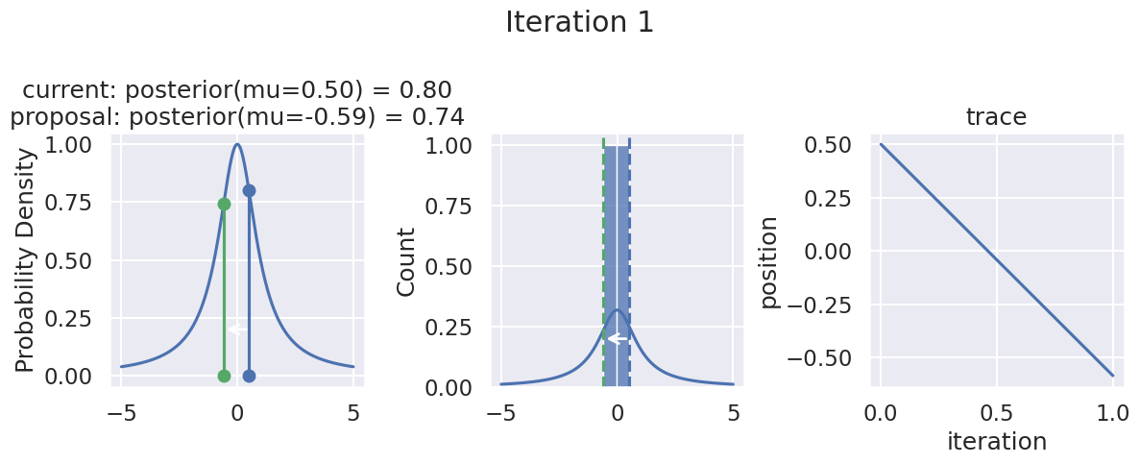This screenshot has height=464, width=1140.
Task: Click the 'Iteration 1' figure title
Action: coord(579,22)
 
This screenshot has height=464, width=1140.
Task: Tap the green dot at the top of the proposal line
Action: coord(224,204)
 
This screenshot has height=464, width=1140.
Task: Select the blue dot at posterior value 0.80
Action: coord(249,190)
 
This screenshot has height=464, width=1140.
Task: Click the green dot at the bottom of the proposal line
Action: coord(224,376)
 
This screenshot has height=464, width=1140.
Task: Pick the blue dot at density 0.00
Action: coord(249,376)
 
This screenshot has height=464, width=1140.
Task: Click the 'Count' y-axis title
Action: coord(406,261)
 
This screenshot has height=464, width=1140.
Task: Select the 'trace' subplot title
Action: coord(996,117)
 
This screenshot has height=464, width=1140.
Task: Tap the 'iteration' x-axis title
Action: coord(996,442)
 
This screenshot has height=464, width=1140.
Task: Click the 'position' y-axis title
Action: coord(768,261)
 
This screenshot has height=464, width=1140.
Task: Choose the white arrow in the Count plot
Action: coord(617,338)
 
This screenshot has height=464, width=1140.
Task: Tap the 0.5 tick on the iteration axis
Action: coord(997,414)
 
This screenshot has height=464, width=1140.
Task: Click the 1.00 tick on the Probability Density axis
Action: coord(70,145)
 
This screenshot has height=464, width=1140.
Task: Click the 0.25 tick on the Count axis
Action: coord(450,328)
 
